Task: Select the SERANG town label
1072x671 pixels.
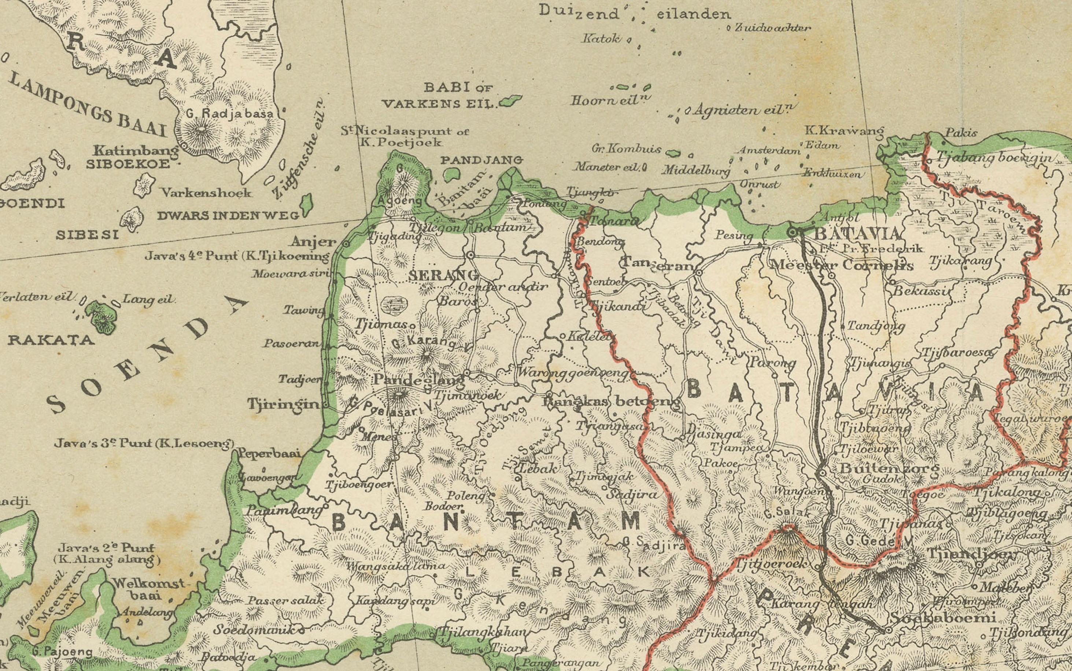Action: (x=443, y=275)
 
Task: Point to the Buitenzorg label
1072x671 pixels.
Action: (x=890, y=468)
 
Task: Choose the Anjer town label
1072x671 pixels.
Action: (x=313, y=242)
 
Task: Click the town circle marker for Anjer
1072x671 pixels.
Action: (x=346, y=244)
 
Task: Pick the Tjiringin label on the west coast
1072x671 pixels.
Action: (x=283, y=404)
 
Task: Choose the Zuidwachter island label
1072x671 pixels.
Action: (x=773, y=28)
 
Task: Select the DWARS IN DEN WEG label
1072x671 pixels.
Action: (x=228, y=216)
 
